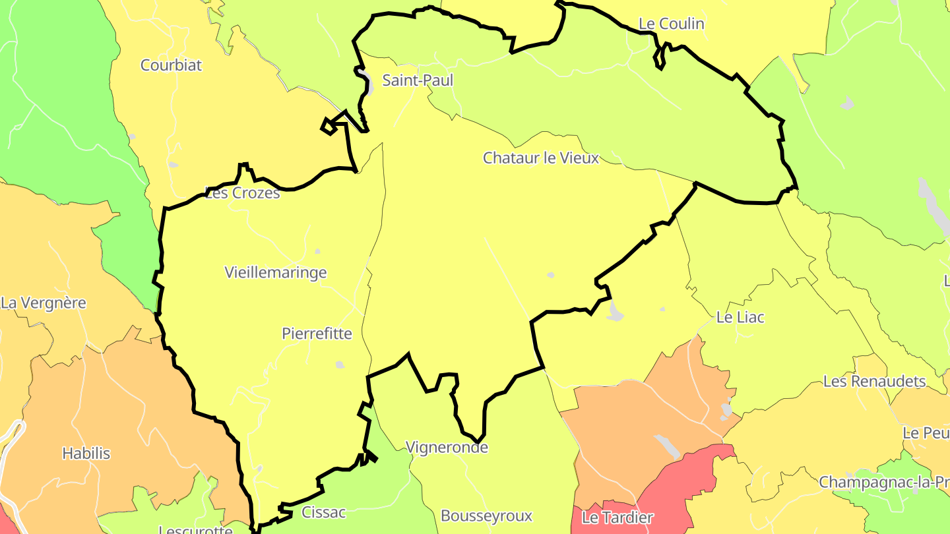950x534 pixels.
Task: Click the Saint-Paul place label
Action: point(418,80)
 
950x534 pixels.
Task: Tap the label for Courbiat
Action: point(171,65)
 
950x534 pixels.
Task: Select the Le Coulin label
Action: point(672,24)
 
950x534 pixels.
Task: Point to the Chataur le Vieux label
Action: point(541,158)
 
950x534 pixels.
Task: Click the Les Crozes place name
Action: point(243,193)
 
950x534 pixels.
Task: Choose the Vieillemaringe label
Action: point(276,272)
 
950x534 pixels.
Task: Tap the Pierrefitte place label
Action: point(317,334)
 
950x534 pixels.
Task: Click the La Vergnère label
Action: point(44,303)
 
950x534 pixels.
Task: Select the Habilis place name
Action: point(86,454)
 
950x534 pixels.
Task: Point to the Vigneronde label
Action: point(447,448)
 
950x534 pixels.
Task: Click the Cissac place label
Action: point(324,512)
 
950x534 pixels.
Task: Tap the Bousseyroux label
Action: point(486,516)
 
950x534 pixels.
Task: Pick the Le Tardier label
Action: point(617,518)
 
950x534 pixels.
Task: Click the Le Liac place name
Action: point(740,317)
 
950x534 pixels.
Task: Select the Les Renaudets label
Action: point(874,381)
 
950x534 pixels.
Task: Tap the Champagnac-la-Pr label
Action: point(884,482)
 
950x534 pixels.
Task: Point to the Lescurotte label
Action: point(196,529)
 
